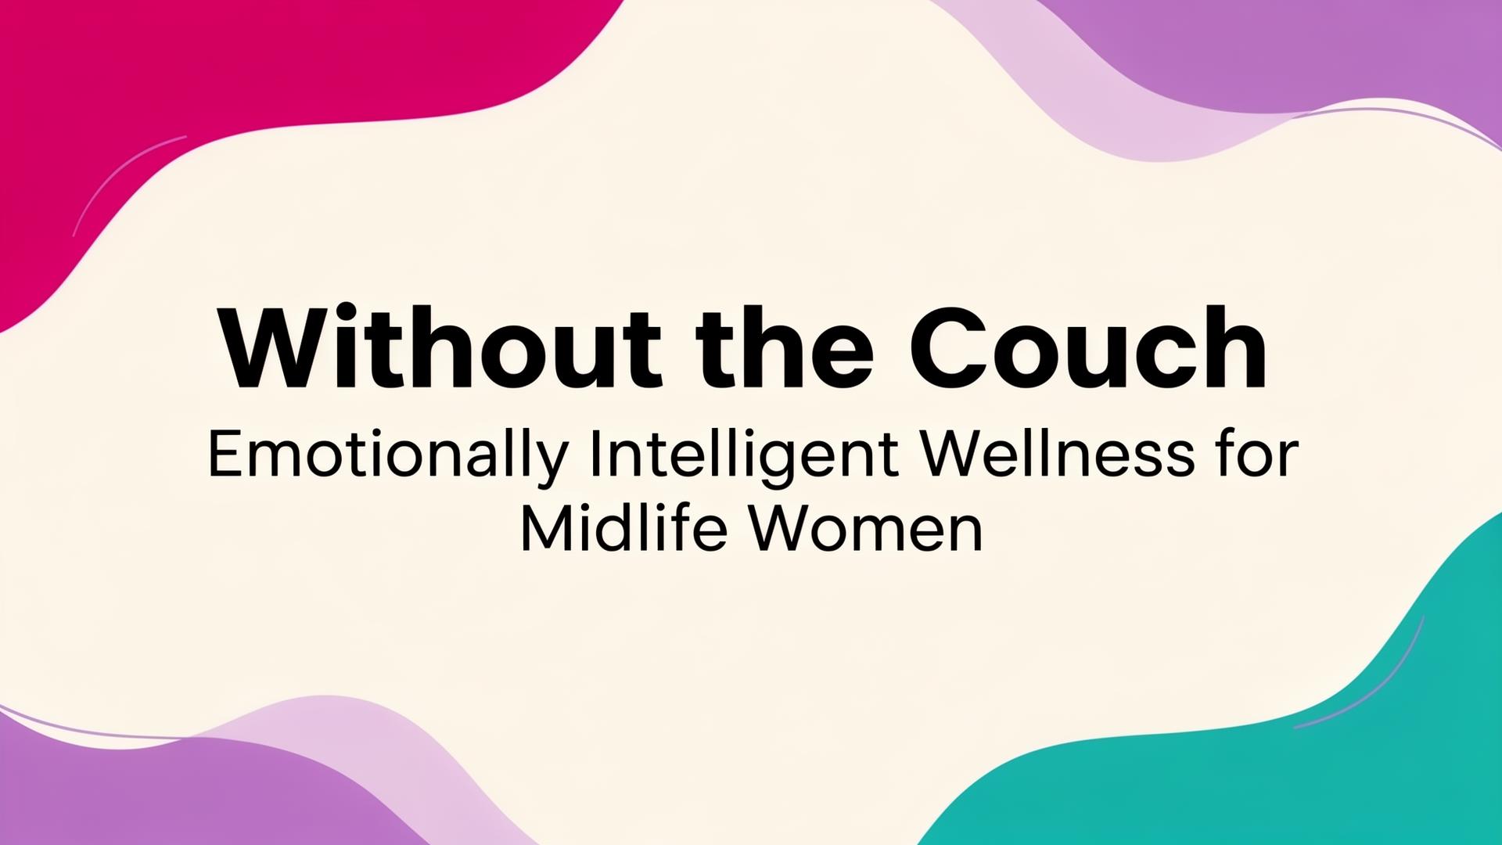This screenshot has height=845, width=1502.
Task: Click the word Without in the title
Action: pos(441,347)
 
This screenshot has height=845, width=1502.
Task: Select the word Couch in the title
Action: pos(1088,347)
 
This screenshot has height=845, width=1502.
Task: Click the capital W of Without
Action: pos(273,347)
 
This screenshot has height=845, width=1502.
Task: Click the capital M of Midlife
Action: pos(544,530)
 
